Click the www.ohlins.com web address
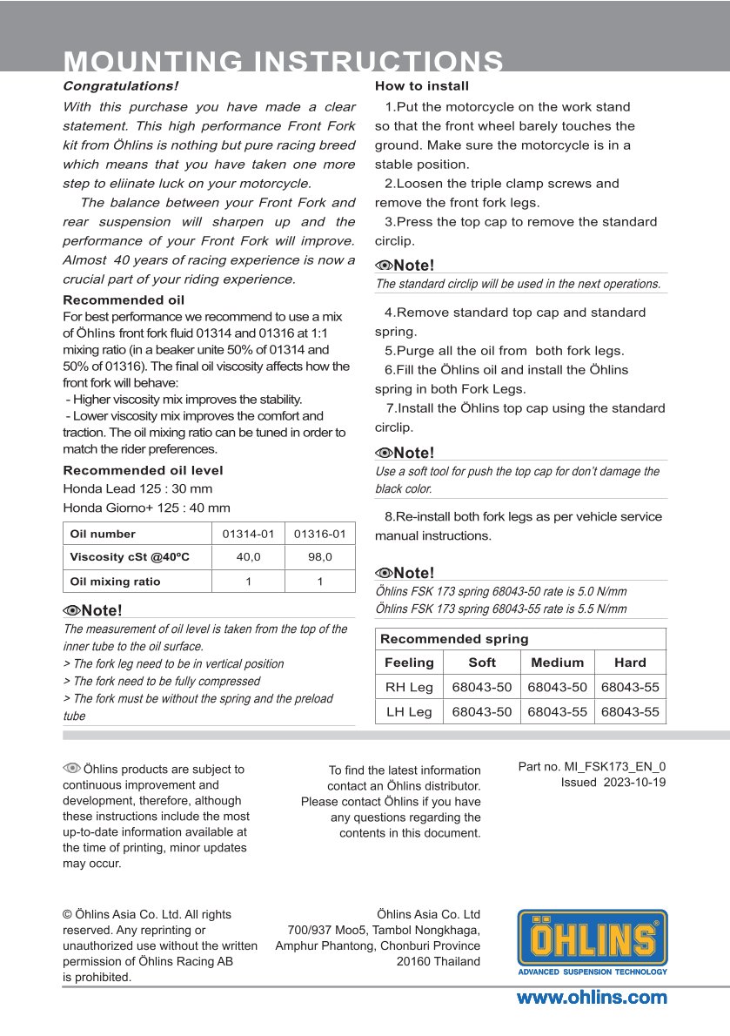tap(592, 998)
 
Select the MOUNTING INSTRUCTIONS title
tap(284, 63)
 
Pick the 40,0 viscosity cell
tap(249, 557)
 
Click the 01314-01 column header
tap(249, 534)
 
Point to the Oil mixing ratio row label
tap(116, 582)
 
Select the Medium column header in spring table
tap(557, 663)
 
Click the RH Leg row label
tap(409, 687)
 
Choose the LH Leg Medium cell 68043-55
tap(557, 712)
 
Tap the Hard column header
tap(630, 663)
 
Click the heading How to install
tap(422, 86)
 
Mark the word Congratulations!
tap(120, 86)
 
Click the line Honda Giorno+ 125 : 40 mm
tap(146, 508)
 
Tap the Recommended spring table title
tap(454, 639)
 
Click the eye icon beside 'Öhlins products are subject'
tap(71, 768)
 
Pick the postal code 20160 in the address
tap(413, 962)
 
